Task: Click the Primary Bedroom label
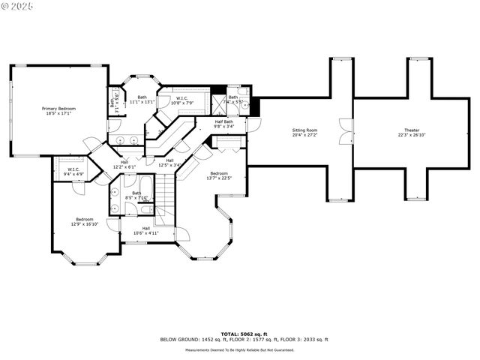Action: click(x=58, y=109)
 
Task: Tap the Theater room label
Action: click(x=412, y=130)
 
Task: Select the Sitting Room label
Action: click(x=304, y=130)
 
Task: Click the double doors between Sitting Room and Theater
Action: click(x=345, y=132)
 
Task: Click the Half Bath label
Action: click(x=223, y=121)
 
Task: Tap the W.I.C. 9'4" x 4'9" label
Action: click(x=73, y=169)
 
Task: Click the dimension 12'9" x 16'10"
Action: click(x=85, y=224)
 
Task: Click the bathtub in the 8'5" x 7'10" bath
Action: click(x=147, y=184)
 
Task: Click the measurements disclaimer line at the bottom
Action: click(x=239, y=349)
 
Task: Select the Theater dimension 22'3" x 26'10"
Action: click(x=412, y=135)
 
